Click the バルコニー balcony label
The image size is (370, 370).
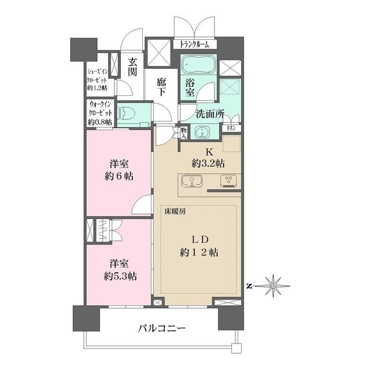click(161, 329)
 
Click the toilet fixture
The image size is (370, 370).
click(128, 113)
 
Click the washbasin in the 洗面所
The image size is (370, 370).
click(202, 134)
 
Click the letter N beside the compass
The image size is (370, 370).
click(248, 286)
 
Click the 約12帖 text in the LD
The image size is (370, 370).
click(198, 253)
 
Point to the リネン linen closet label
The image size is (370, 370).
click(230, 128)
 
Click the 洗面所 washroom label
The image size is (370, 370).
click(209, 114)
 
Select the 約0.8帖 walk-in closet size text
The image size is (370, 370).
click(98, 123)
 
